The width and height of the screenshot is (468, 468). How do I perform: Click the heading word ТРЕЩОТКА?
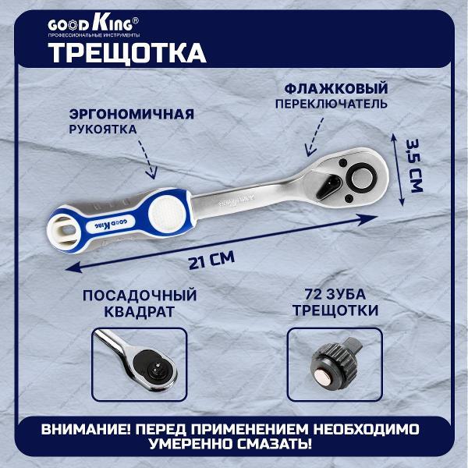click(127, 53)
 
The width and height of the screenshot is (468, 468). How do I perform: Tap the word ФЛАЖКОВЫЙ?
click(335, 89)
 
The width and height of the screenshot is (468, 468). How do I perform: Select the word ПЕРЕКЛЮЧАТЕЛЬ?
click(331, 104)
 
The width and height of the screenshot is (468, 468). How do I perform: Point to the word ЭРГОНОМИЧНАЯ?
click(132, 114)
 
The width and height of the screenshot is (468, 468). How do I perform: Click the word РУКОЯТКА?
click(103, 129)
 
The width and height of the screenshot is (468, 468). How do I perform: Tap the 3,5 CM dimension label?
click(415, 165)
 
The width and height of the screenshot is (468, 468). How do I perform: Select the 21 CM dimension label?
click(211, 261)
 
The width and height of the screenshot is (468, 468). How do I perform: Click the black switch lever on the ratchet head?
click(328, 186)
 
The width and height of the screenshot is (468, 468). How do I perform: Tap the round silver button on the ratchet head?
click(362, 178)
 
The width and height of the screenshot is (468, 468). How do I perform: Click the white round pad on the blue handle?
click(167, 213)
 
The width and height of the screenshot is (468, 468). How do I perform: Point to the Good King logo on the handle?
click(110, 224)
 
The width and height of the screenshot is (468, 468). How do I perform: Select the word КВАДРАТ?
click(139, 311)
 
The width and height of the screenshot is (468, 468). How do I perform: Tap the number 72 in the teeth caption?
click(313, 294)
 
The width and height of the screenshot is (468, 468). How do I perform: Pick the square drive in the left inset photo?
click(156, 367)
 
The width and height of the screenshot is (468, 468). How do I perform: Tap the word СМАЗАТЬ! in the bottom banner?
click(275, 444)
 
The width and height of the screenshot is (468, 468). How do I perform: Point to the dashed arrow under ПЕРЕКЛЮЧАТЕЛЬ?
click(314, 136)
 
